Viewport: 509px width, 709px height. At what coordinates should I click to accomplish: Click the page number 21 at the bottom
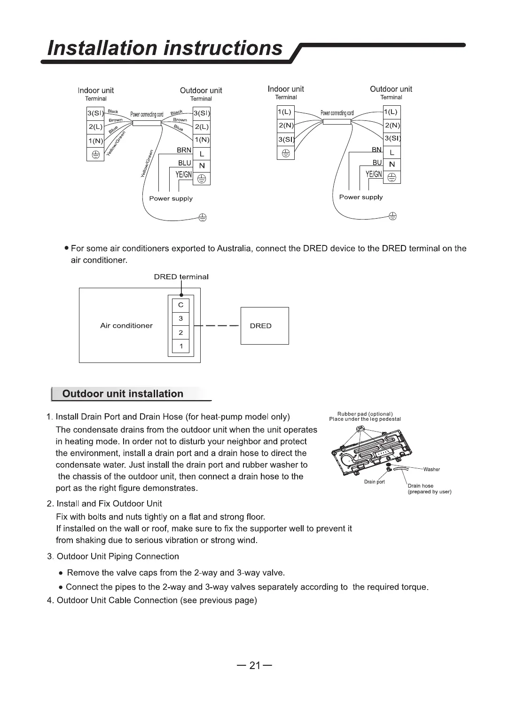coord(254,665)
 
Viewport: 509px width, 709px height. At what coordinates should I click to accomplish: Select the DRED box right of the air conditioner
coord(265,326)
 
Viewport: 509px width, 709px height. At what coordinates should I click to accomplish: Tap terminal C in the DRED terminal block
coord(181,305)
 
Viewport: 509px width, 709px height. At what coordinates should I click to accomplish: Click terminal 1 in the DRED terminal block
coord(181,347)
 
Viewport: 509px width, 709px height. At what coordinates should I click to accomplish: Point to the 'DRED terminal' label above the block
coord(181,277)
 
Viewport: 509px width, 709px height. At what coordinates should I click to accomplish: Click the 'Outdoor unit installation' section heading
coord(123,394)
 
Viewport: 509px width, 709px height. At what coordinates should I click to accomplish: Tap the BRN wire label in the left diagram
coord(184,150)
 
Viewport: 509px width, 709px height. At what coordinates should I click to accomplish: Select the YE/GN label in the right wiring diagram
coord(374,174)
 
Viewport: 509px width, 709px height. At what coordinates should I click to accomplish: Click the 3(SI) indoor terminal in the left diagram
coord(95,114)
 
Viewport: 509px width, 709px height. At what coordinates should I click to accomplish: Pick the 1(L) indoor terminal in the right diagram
coord(285,112)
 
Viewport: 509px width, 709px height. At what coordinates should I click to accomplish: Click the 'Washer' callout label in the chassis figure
coord(431,469)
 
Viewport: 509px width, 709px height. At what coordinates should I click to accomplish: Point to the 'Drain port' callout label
coord(374,482)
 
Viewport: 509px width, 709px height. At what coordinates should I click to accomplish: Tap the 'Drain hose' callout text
coord(421,486)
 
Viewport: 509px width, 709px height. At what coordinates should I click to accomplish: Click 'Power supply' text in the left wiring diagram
coord(171,198)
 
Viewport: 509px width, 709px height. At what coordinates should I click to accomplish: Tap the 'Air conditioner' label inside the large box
coord(126,326)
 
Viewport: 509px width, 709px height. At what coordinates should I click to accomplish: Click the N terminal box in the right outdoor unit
coord(392,165)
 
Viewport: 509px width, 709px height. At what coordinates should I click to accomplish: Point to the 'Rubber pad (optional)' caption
coord(365,414)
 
